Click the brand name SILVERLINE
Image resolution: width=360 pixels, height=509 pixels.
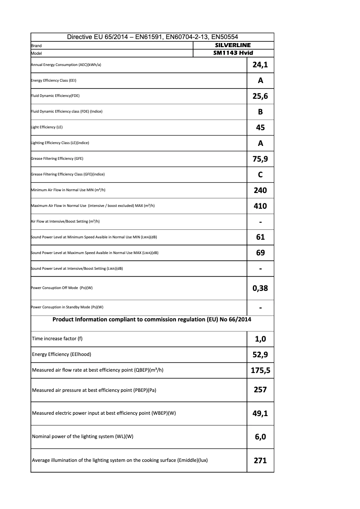click(233, 45)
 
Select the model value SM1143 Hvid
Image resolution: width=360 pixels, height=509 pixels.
click(233, 53)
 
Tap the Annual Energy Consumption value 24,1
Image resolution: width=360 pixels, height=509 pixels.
click(260, 65)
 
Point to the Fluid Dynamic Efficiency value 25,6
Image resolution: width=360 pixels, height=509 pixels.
click(260, 96)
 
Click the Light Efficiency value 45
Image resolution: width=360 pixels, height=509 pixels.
click(260, 127)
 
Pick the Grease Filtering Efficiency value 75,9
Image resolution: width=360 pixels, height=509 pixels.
click(260, 159)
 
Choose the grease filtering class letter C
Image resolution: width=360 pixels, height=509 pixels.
click(260, 175)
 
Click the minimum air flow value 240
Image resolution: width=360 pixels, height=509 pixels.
click(260, 190)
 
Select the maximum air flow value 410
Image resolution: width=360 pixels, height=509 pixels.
click(260, 206)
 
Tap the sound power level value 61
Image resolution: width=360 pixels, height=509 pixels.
click(260, 237)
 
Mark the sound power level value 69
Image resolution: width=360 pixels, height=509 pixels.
click(260, 253)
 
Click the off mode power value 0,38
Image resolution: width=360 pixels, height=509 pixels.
click(260, 288)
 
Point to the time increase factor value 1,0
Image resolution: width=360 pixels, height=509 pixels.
click(260, 339)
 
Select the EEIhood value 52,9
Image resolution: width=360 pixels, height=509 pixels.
click(260, 355)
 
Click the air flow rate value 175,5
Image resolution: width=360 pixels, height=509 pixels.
click(260, 370)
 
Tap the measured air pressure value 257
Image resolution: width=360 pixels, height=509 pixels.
click(260, 390)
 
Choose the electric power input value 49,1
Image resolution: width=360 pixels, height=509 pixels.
click(260, 413)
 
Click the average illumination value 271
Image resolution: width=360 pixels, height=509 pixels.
click(260, 460)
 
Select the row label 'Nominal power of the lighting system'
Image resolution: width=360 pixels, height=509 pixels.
click(83, 437)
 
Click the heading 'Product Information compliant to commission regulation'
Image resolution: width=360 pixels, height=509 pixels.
click(152, 320)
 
